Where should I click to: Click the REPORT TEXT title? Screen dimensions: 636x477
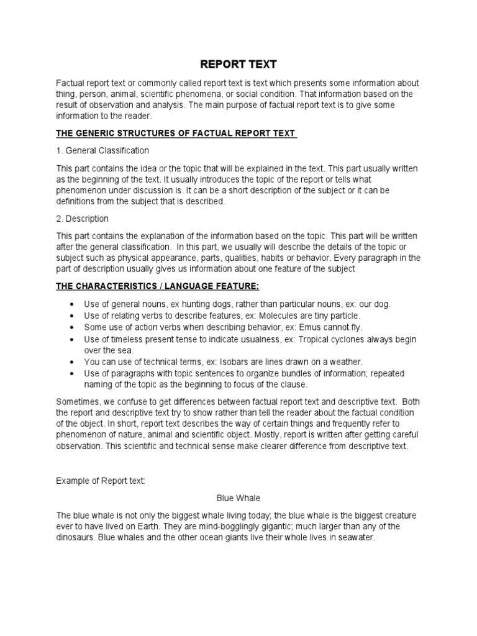tap(238, 64)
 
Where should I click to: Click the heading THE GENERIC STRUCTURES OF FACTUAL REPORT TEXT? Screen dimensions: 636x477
tap(176, 134)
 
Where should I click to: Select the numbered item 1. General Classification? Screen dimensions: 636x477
tap(102, 150)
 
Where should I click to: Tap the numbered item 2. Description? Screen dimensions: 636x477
tap(83, 219)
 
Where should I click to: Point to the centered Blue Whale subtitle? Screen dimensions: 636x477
tap(238, 497)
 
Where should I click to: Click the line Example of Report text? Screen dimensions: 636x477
tap(101, 480)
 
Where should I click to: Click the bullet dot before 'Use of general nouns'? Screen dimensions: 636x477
tap(73, 304)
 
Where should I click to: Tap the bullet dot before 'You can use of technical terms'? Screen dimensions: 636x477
tap(73, 361)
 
